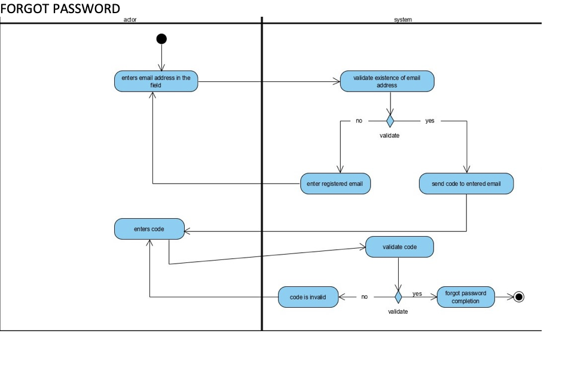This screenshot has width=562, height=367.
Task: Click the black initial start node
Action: pyautogui.click(x=161, y=39)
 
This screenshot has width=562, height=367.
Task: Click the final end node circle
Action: pyautogui.click(x=518, y=297)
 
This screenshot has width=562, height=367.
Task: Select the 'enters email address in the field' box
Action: pyautogui.click(x=156, y=81)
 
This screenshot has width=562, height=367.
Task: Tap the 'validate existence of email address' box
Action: pyautogui.click(x=387, y=81)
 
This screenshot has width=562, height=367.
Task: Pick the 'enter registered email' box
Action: pyautogui.click(x=335, y=183)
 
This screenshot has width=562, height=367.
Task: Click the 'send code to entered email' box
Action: pyautogui.click(x=466, y=183)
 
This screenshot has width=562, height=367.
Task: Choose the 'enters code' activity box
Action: pyautogui.click(x=149, y=229)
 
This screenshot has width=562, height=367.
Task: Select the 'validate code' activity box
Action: pyautogui.click(x=399, y=247)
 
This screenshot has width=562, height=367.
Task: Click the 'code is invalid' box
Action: pyautogui.click(x=308, y=297)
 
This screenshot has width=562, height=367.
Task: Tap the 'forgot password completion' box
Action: pyautogui.click(x=466, y=297)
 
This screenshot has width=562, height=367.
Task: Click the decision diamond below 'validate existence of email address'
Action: pyautogui.click(x=390, y=121)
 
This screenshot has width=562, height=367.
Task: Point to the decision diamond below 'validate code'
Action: pyautogui.click(x=398, y=297)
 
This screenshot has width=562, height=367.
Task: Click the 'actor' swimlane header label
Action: pyautogui.click(x=130, y=20)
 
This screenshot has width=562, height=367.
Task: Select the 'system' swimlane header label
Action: pyautogui.click(x=402, y=20)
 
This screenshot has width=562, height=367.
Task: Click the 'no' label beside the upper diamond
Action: pyautogui.click(x=359, y=121)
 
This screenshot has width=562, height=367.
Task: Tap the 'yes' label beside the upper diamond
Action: pyautogui.click(x=430, y=121)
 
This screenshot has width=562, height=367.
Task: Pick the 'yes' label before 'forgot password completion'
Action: pyautogui.click(x=417, y=293)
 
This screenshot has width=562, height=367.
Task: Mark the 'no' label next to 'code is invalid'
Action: pyautogui.click(x=365, y=297)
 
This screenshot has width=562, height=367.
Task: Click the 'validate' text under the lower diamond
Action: pyautogui.click(x=398, y=311)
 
